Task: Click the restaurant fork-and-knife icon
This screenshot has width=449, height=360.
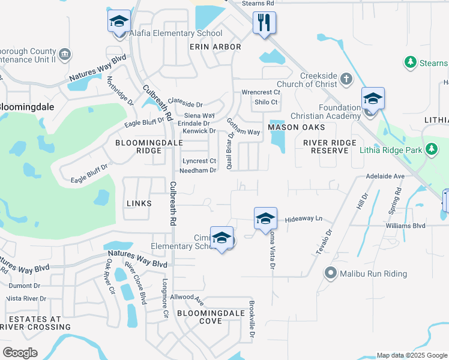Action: [264, 23]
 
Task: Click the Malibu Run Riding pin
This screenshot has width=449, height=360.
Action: [330, 274]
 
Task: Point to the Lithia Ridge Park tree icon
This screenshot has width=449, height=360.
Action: [431, 148]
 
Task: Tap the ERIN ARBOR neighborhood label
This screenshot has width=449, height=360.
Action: [215, 47]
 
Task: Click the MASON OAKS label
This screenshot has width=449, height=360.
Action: [297, 127]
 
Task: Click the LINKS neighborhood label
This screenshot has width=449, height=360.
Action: [139, 204]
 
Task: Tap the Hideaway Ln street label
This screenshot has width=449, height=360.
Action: [304, 219]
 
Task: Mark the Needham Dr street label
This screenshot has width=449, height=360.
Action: [198, 170]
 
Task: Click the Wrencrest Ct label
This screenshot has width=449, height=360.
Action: [261, 92]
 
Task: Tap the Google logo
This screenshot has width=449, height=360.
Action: [20, 352]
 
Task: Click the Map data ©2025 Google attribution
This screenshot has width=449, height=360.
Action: [411, 355]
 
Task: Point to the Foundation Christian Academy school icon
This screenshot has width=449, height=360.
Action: [373, 98]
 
